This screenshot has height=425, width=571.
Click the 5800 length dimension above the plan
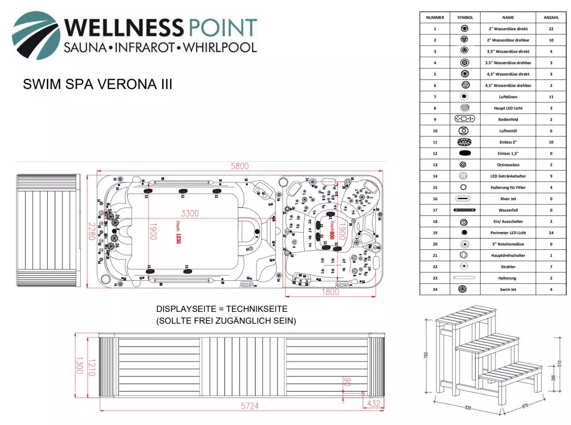tap(240, 166)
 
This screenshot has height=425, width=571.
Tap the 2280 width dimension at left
tap(90, 233)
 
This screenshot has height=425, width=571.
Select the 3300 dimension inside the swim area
tap(190, 213)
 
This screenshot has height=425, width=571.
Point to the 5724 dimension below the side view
tap(249, 406)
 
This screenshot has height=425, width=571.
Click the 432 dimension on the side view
tap(374, 403)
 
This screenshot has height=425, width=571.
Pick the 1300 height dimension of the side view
tap(79, 365)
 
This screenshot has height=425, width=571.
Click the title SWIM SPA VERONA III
tap(97, 85)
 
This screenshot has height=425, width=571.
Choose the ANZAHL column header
tap(551, 18)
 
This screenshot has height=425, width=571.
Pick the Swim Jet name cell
tap(508, 290)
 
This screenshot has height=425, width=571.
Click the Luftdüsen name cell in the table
tap(508, 97)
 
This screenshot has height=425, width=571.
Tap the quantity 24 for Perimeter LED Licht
tap(551, 233)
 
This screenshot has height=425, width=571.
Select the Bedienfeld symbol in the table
tap(464, 119)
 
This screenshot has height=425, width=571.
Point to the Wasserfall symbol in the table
tap(464, 210)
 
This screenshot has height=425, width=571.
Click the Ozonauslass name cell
tap(508, 165)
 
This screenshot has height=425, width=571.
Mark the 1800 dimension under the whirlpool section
tap(330, 292)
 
